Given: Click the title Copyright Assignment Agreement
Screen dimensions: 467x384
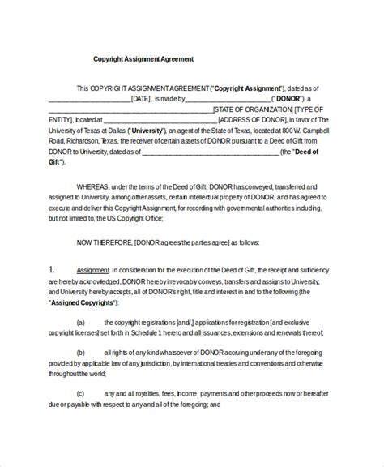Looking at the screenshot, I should click(143, 59).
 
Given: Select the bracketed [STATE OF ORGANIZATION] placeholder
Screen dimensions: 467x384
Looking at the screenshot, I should click(254, 109).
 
